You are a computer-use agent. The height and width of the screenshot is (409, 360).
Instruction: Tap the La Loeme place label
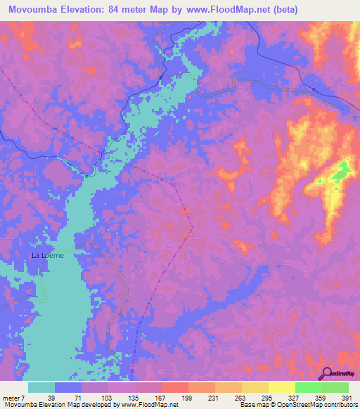click(48, 256)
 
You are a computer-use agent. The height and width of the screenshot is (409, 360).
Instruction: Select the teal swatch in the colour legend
click(41, 388)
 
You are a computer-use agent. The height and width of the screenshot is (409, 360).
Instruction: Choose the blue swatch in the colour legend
click(68, 388)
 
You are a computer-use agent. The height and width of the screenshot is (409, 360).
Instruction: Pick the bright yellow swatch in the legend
click(281, 388)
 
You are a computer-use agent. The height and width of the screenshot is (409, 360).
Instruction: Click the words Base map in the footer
click(251, 405)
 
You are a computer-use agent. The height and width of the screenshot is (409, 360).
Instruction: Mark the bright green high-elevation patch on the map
click(342, 170)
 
